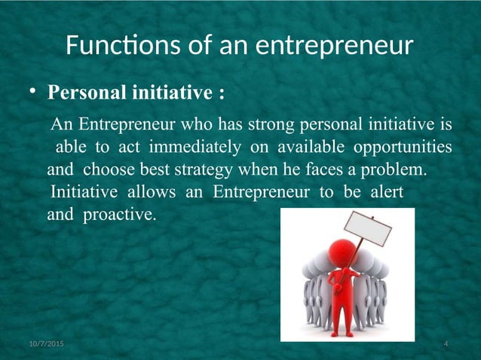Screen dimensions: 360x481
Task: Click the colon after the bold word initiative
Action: pos(220,94)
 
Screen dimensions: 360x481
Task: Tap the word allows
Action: pos(149,191)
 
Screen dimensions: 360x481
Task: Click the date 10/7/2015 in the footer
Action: pos(46,344)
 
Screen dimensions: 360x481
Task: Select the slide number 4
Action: pos(446,344)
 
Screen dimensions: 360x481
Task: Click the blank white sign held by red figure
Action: pos(369,229)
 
